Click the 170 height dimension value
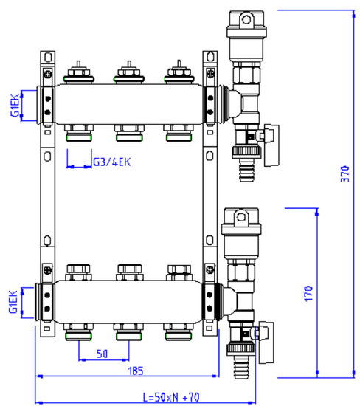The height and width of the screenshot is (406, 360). tap(308, 292)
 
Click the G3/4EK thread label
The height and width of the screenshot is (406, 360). tap(111, 162)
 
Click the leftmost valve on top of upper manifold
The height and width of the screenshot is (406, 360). tap(77, 73)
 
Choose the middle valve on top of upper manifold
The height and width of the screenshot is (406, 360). tap(127, 73)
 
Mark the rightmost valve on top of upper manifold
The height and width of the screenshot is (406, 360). tap(177, 73)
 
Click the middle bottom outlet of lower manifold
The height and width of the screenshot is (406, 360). tap(127, 331)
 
